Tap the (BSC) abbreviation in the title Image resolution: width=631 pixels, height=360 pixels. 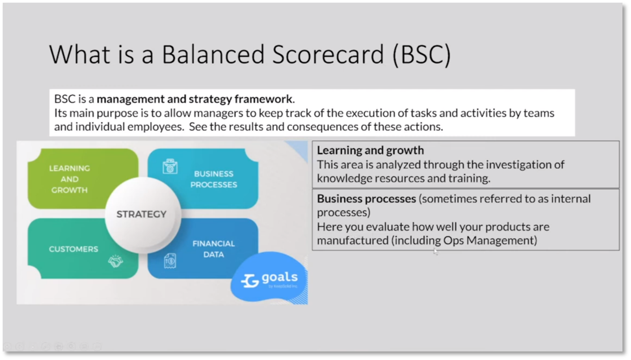421,54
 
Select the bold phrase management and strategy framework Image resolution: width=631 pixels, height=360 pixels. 194,98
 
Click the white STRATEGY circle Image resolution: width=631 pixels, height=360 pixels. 142,214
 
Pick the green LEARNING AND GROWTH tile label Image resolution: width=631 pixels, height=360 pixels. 69,179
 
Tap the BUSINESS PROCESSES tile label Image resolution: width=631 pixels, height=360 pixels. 213,179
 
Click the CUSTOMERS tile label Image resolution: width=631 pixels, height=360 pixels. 73,249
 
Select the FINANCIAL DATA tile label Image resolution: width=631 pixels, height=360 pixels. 213,249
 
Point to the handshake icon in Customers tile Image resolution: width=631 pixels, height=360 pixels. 116,261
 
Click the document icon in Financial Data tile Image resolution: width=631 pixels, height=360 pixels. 170,260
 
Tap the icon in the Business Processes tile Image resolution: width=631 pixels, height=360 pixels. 170,167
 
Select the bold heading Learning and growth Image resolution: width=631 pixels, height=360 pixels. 370,150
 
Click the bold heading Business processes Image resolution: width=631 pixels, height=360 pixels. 366,199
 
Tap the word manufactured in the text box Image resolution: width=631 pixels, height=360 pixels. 352,240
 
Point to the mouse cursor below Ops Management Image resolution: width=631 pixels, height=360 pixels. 435,251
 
